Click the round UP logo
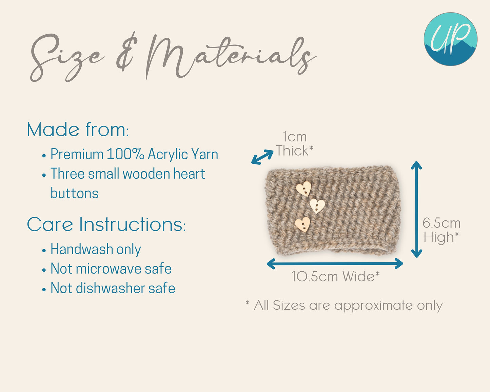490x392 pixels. click(x=450, y=39)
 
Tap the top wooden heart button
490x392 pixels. click(x=304, y=189)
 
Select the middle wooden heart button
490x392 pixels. click(x=317, y=206)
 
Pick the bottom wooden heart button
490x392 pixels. click(x=302, y=224)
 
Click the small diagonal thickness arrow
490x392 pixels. click(x=262, y=157)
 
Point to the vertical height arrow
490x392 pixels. click(x=416, y=209)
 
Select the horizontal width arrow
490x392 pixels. click(x=335, y=263)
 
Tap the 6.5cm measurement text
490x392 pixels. click(x=442, y=223)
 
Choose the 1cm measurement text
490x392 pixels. click(x=295, y=137)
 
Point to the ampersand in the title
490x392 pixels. click(x=126, y=52)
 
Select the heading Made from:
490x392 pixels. click(x=78, y=130)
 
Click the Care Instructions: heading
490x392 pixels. click(x=106, y=224)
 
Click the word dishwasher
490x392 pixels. click(x=110, y=288)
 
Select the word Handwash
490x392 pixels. click(x=81, y=249)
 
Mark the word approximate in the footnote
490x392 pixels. click(x=373, y=306)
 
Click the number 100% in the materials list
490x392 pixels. click(x=125, y=154)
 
